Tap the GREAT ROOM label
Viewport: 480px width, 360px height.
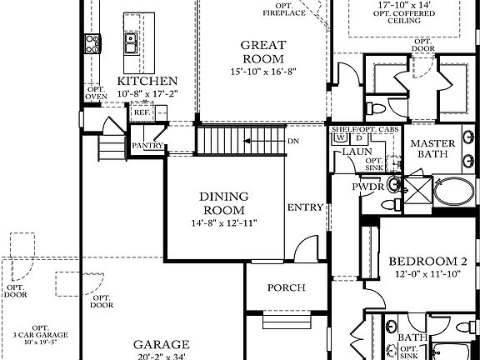click(x=262, y=52)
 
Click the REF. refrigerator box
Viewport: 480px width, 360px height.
click(x=141, y=112)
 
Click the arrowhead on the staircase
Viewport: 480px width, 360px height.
click(x=247, y=141)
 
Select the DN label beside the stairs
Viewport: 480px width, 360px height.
click(x=292, y=141)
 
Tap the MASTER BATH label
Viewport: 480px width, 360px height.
click(x=432, y=149)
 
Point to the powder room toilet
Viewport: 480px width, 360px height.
click(x=395, y=184)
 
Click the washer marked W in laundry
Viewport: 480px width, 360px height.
click(x=339, y=137)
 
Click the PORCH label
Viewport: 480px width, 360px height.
click(x=285, y=288)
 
